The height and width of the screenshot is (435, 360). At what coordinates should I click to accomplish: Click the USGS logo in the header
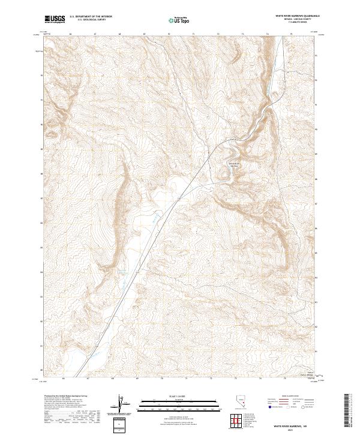pos(55,19)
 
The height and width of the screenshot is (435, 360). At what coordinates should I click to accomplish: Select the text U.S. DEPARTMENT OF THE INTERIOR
pos(91,17)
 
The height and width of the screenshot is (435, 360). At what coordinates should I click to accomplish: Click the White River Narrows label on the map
pos(232,164)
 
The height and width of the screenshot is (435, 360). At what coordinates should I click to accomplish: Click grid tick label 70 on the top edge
pos(170,34)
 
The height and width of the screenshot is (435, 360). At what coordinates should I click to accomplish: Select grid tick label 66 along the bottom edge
pos(64,379)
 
